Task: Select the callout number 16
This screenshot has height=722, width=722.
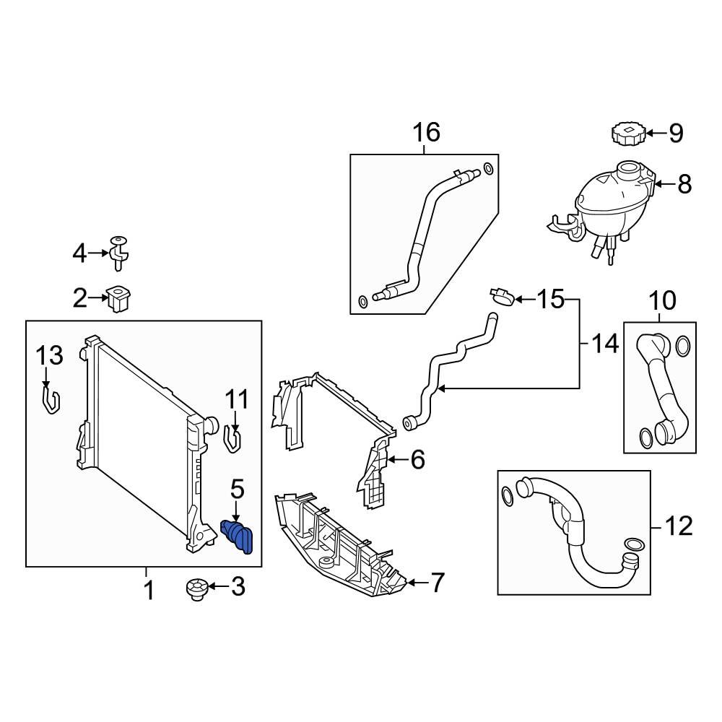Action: [x=425, y=133]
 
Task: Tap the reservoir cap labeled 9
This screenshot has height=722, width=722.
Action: [x=625, y=134]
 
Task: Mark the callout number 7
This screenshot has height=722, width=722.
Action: [x=437, y=583]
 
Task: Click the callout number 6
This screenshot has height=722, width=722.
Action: [x=417, y=459]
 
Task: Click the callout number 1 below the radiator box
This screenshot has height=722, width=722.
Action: [x=148, y=591]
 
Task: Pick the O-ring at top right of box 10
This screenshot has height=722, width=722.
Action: [x=682, y=347]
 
